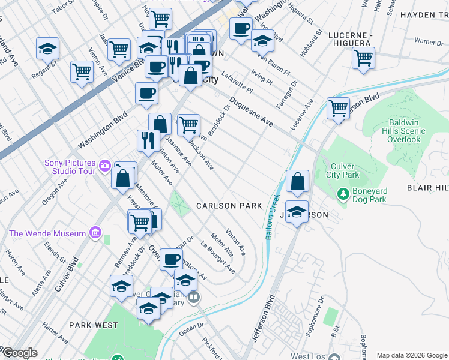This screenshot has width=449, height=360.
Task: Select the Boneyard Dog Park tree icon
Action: pos(343,194)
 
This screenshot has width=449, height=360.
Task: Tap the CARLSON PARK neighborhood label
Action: pos(229,206)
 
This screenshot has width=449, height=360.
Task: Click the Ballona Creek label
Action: pos(273,216)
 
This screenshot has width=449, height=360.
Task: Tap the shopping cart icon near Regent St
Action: pos(82,71)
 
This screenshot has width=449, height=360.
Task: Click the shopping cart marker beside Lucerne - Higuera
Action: pos(363,58)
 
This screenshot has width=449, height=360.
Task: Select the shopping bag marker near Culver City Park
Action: pos(297,180)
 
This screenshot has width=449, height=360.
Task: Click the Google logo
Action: pos(19,353)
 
